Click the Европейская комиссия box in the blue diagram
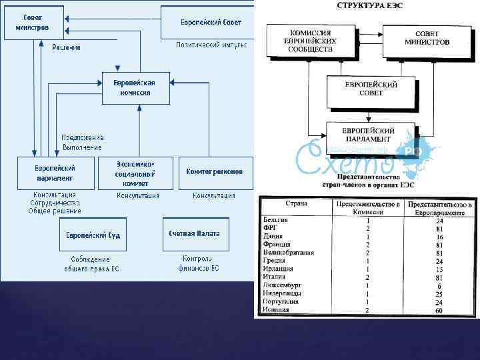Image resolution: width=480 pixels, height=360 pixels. coord(135,88)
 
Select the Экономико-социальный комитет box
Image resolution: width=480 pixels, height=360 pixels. coord(135,173)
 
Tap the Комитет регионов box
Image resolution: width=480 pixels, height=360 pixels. coord(215,172)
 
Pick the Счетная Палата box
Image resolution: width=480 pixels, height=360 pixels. coord(194,234)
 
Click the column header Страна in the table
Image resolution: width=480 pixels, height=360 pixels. coord(296,203)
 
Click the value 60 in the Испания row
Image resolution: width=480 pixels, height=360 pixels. coord(439,309)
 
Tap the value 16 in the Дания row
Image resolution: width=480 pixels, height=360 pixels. coord(439,237)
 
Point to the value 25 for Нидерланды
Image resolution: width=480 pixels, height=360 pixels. coord(439,293)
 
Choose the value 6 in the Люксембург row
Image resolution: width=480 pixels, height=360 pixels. coord(439,285)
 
